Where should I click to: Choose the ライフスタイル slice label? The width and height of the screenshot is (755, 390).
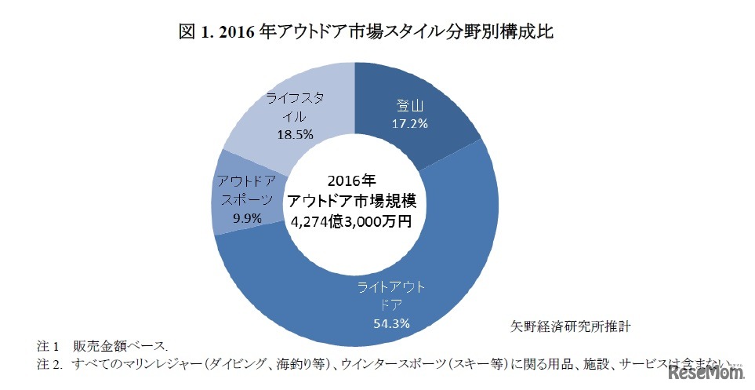pos(289,107)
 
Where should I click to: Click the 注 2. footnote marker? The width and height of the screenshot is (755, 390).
pos(49,364)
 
